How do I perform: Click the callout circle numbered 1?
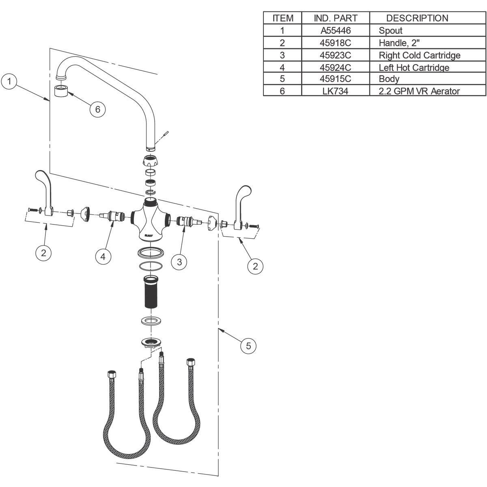(9, 82)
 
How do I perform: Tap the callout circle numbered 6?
(97, 110)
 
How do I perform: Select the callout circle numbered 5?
(248, 346)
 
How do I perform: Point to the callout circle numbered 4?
(103, 257)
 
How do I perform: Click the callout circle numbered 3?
(179, 262)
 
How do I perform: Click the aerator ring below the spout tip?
(61, 91)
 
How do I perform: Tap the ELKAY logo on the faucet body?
(149, 235)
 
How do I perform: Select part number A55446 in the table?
(336, 30)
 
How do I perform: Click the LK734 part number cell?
(335, 91)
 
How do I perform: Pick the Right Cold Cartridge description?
(420, 55)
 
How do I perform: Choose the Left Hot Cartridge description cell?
(414, 67)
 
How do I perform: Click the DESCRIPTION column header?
(417, 18)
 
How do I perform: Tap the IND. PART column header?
(336, 18)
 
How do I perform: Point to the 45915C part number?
(335, 79)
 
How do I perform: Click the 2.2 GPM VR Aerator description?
(419, 91)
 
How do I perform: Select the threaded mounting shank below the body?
(151, 292)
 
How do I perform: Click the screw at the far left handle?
(32, 209)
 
